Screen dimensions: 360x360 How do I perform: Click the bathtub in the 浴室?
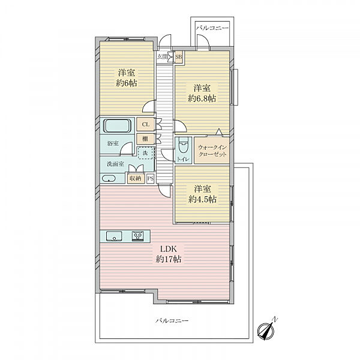pyautogui.click(x=117, y=125)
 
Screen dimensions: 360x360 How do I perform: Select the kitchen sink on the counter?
pyautogui.click(x=114, y=236)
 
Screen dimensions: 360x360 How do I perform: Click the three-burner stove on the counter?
pyautogui.click(x=138, y=236)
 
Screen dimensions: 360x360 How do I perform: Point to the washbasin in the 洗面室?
pyautogui.click(x=109, y=178)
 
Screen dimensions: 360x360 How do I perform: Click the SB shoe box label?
pyautogui.click(x=179, y=56)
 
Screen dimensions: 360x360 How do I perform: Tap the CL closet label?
pyautogui.click(x=146, y=124)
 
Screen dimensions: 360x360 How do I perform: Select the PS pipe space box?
pyautogui.click(x=151, y=179)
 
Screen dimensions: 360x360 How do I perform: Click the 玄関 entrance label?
pyautogui.click(x=162, y=57)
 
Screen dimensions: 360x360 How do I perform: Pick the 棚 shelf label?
pyautogui.click(x=145, y=139)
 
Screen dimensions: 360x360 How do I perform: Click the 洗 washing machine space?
pyautogui.click(x=145, y=153)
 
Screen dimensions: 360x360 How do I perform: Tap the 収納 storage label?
pyautogui.click(x=135, y=178)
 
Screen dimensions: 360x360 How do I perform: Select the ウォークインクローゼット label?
pyautogui.click(x=212, y=151)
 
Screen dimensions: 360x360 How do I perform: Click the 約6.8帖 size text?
pyautogui.click(x=202, y=98)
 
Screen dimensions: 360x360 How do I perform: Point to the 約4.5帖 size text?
pyautogui.click(x=202, y=199)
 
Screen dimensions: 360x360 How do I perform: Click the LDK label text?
pyautogui.click(x=168, y=249)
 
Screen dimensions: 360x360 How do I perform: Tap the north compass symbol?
pyautogui.click(x=267, y=329)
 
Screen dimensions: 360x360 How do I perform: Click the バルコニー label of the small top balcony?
pyautogui.click(x=212, y=28)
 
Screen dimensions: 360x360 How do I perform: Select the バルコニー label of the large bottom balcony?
pyautogui.click(x=172, y=320)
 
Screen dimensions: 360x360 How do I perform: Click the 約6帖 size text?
pyautogui.click(x=126, y=83)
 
